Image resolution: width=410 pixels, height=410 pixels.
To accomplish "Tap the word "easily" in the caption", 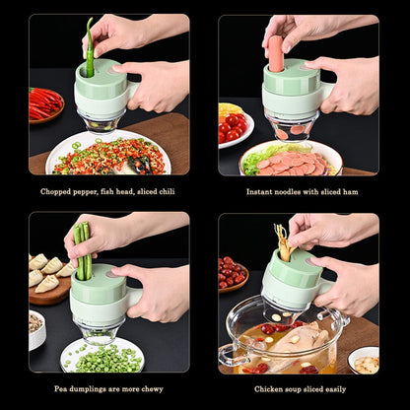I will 331,388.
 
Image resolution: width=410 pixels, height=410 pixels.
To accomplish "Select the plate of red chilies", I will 44,103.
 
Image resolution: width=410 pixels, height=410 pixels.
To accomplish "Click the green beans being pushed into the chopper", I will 82,250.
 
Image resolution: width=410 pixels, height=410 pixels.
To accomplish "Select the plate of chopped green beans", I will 102,356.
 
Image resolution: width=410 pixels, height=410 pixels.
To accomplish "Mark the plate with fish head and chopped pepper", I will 106,156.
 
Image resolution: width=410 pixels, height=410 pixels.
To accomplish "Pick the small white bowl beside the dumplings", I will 36,329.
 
